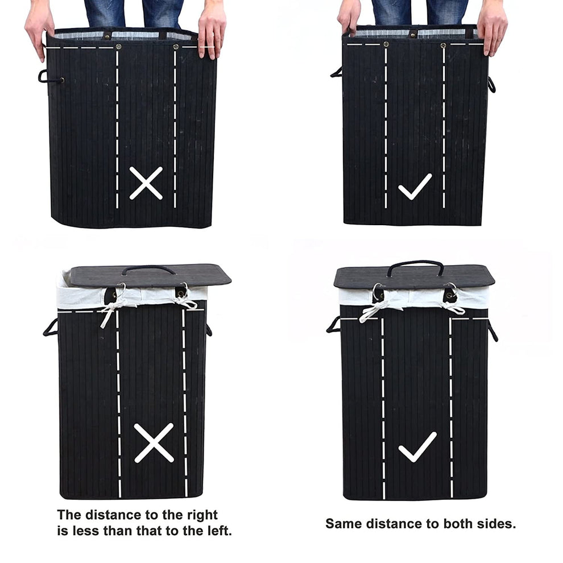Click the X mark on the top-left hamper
point(146,183)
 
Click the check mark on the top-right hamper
point(415,187)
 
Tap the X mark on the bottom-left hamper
point(154,442)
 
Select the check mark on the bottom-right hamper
point(417,446)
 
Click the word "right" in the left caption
point(202,515)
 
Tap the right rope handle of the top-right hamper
point(491,84)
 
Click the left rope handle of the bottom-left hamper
point(49,328)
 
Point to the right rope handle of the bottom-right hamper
point(492,330)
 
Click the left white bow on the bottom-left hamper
point(115,306)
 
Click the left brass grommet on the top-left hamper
point(118,46)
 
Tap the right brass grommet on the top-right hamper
point(444,45)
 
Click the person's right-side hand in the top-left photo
point(212,30)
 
